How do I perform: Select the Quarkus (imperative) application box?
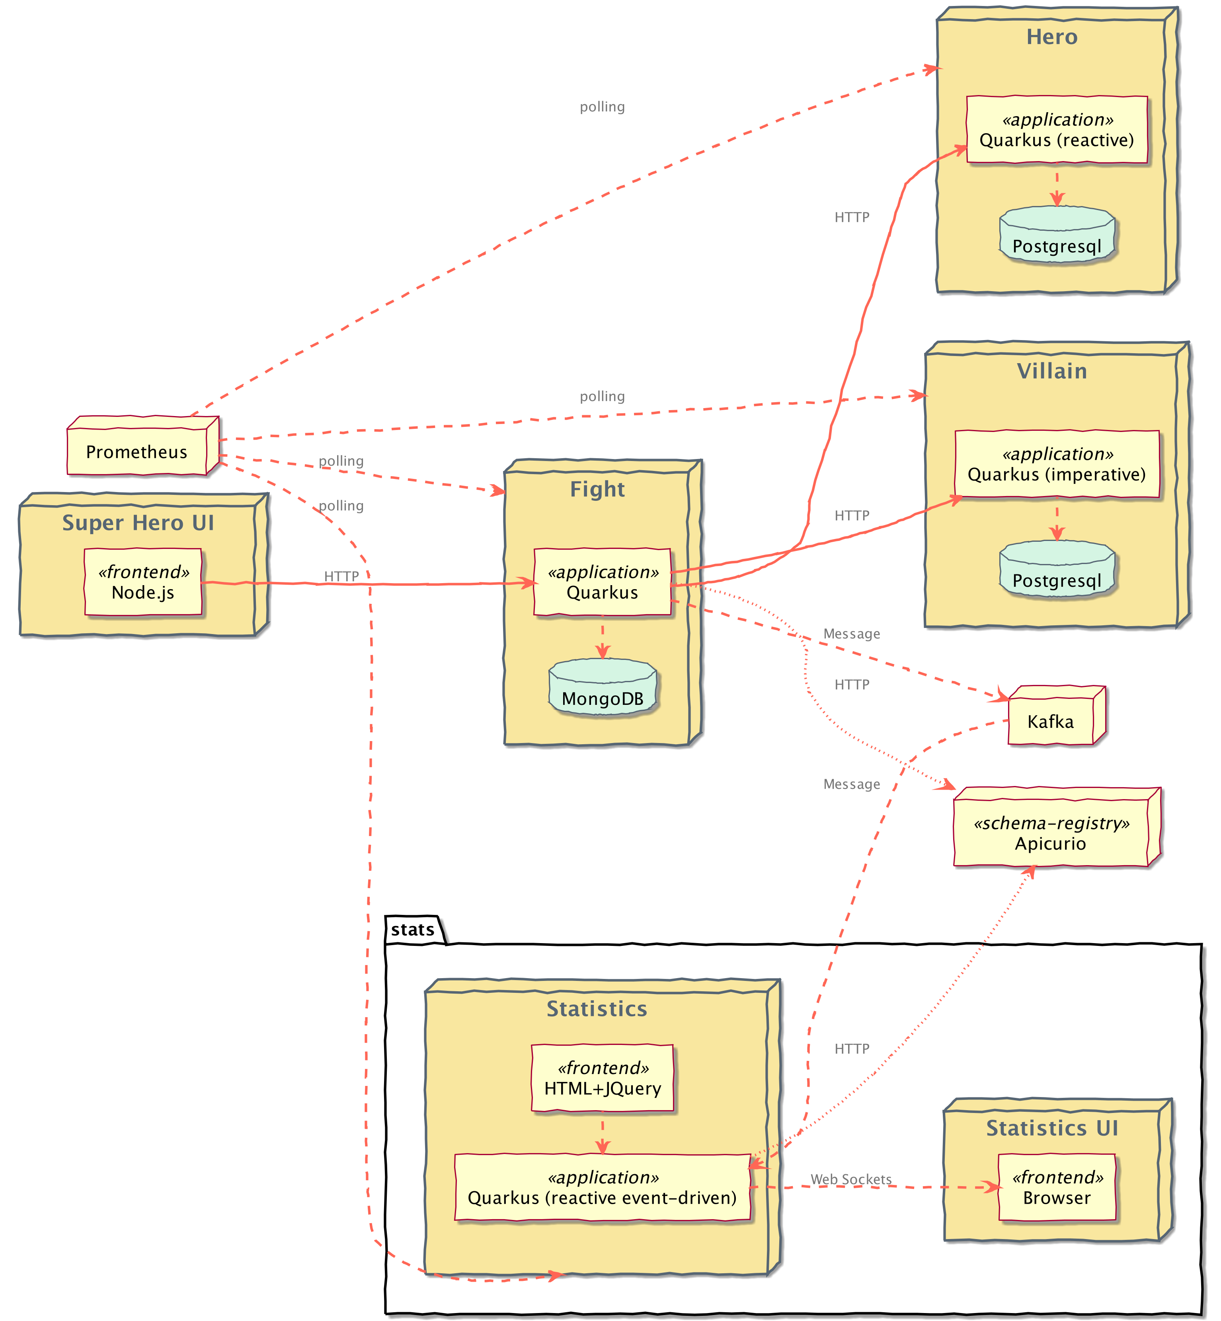point(1057,464)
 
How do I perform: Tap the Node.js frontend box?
point(143,582)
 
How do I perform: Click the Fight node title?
point(597,489)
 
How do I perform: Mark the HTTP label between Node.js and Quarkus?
point(341,576)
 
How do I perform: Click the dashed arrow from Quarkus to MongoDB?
point(603,637)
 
